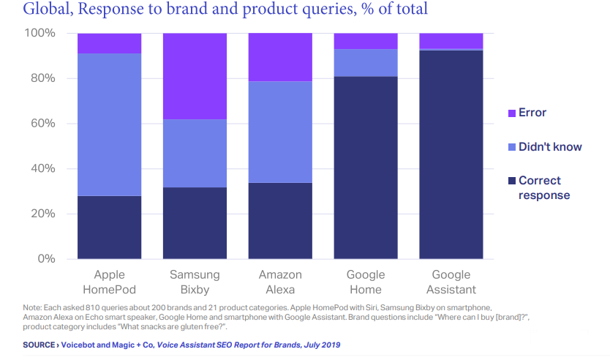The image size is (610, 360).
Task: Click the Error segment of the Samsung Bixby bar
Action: coord(195,76)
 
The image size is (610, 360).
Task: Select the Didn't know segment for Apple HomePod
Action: coord(109,125)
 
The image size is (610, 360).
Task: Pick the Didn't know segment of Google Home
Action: coord(366,63)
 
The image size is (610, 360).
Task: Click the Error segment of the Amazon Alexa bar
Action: coord(280,57)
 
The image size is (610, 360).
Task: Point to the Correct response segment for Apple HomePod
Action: coord(109,227)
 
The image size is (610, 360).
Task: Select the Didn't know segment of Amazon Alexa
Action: coord(280,132)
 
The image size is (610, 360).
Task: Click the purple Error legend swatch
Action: coord(511,113)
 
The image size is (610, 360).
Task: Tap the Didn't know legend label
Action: coord(550,147)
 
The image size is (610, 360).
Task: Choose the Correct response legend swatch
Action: coord(511,181)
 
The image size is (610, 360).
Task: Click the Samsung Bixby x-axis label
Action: coord(195,282)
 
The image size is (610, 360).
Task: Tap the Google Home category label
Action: coord(366,282)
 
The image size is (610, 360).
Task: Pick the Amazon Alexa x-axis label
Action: coord(280,282)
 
